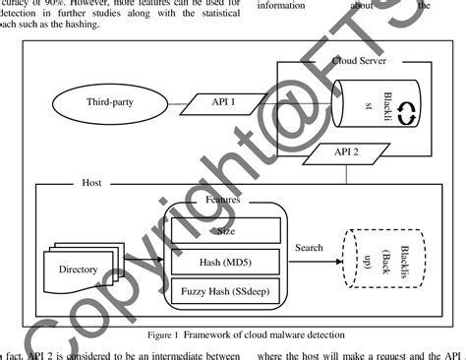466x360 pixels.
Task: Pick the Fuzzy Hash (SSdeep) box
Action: coord(224,292)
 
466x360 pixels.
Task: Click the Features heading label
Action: coord(223,200)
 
